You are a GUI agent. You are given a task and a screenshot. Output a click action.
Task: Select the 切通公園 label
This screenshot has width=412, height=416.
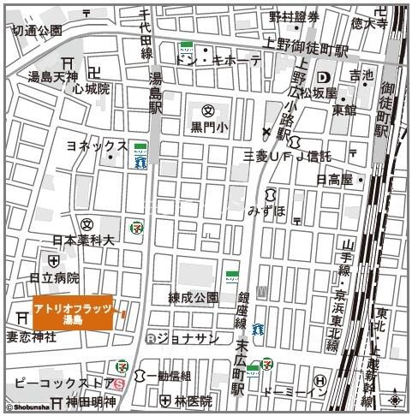(36, 30)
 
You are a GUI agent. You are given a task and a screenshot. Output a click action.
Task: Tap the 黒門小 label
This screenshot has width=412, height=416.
(210, 128)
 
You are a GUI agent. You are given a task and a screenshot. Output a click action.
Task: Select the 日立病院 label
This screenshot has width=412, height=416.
(54, 277)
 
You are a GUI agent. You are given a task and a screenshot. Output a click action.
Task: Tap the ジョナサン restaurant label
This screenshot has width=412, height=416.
(188, 337)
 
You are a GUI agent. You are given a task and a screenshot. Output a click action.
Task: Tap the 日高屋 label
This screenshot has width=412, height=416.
(335, 180)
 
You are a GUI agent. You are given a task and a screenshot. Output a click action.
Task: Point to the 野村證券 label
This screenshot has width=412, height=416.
(294, 16)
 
